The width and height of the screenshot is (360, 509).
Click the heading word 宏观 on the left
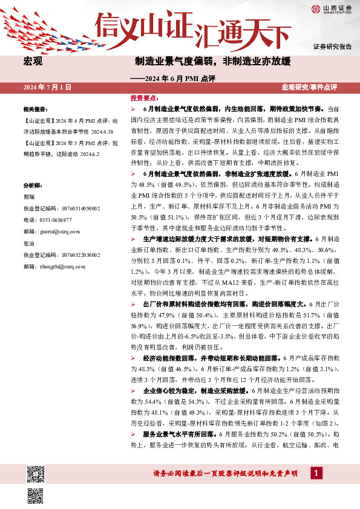pyautogui.click(x=32, y=62)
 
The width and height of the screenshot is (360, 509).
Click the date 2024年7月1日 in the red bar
pyautogui.click(x=47, y=88)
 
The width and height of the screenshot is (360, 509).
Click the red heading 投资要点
pyautogui.click(x=144, y=97)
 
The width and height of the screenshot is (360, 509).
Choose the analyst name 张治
pyautogui.click(x=28, y=243)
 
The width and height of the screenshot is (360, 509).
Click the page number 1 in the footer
pyautogui.click(x=315, y=473)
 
